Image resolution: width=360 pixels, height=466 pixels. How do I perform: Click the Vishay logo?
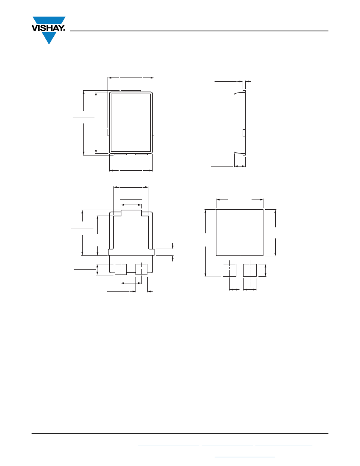pyautogui.click(x=49, y=30)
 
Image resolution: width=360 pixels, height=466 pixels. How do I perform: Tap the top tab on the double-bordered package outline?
pyautogui.click(x=130, y=91)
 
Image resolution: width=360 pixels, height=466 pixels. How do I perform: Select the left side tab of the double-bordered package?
pyautogui.click(x=109, y=132)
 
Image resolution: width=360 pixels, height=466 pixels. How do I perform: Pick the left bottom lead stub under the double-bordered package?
pyautogui.click(x=120, y=154)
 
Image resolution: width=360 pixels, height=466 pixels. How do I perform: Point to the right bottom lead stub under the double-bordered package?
pyautogui.click(x=142, y=154)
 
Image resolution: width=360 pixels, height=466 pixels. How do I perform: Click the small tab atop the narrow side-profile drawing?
pyautogui.click(x=244, y=92)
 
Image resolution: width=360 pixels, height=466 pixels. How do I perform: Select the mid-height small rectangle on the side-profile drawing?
pyautogui.click(x=244, y=133)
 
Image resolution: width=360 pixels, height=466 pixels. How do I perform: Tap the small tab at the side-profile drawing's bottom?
pyautogui.click(x=244, y=154)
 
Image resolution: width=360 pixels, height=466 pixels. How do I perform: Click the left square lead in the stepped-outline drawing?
pyautogui.click(x=121, y=269)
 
